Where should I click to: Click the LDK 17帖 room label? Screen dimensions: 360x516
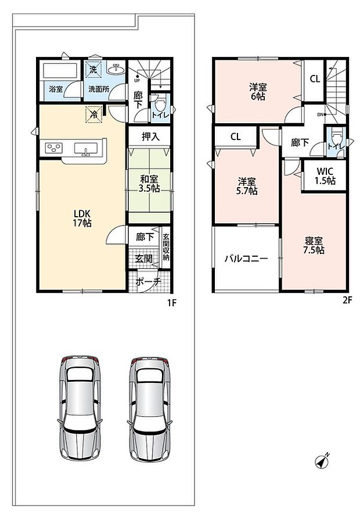point(82,218)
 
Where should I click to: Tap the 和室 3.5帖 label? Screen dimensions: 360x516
point(150,184)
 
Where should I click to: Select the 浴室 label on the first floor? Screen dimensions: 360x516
point(56,89)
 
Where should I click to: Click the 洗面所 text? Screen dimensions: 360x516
point(98,89)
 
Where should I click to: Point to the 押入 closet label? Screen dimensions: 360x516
point(150,137)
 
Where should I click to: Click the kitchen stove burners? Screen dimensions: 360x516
point(53,148)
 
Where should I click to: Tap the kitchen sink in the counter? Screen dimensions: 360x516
point(86,148)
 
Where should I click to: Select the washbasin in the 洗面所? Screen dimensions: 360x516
point(116,69)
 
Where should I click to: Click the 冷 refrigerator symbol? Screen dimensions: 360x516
point(93,114)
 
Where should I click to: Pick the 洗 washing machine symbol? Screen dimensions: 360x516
point(93,69)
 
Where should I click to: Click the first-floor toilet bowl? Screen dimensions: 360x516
point(160,105)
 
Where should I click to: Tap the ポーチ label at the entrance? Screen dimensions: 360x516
point(148,282)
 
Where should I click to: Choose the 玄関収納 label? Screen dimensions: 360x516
point(166,247)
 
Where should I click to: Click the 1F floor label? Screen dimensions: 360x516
point(172,303)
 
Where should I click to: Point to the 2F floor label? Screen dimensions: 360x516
point(347,300)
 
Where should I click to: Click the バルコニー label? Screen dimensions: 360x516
point(246,259)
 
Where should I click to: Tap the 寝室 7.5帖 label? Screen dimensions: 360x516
point(314,245)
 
